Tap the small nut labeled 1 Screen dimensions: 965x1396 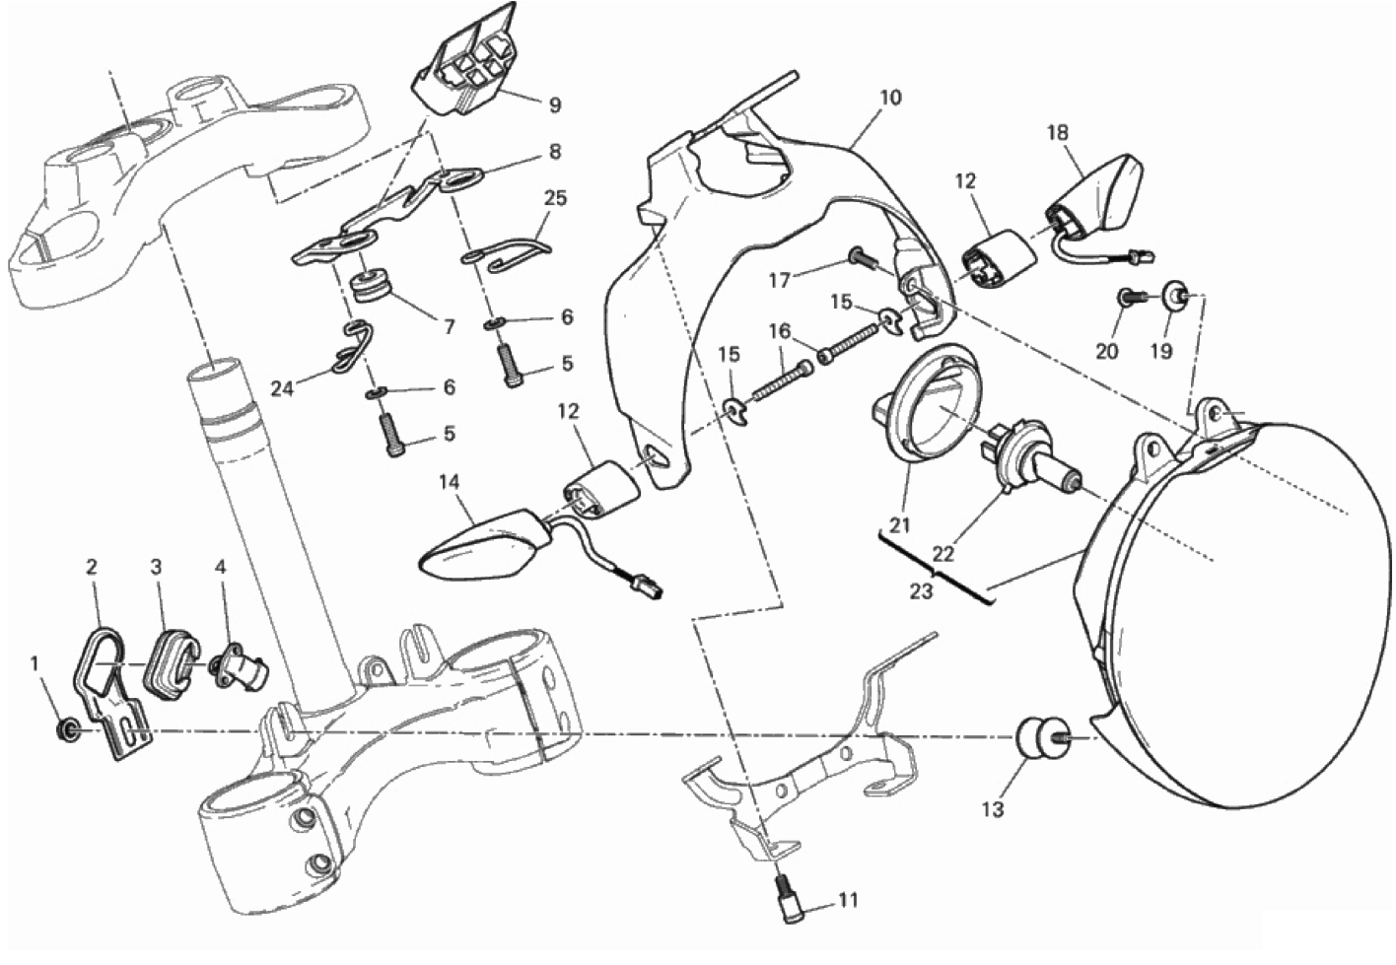pyautogui.click(x=66, y=729)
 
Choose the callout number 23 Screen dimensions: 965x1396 pyautogui.click(x=921, y=591)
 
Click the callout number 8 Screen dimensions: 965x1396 pyautogui.click(x=554, y=152)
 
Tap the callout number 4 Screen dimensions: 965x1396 pyautogui.click(x=221, y=567)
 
